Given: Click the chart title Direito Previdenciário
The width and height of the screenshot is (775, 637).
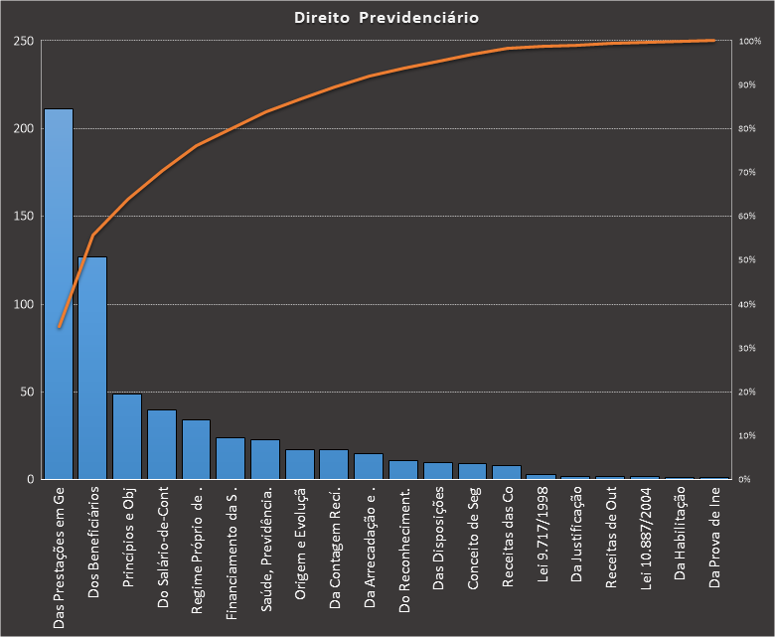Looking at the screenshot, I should click(x=387, y=18).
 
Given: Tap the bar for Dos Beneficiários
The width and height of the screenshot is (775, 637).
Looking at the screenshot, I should click(x=92, y=368).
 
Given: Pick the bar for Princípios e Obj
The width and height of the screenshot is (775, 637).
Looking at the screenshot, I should click(x=127, y=437).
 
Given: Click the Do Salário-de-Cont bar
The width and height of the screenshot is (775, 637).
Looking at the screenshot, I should click(x=162, y=444).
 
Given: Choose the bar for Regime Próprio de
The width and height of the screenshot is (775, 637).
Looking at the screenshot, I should click(x=197, y=449).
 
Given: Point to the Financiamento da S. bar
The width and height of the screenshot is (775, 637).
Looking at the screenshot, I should click(x=231, y=458).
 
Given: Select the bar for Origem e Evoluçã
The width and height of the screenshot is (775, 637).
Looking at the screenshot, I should click(x=300, y=464).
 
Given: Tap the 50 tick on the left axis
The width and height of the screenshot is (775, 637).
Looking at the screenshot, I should click(x=28, y=392).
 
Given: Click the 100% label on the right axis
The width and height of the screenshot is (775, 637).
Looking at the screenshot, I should click(x=750, y=41).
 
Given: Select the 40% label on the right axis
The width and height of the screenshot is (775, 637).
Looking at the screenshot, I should click(x=747, y=304).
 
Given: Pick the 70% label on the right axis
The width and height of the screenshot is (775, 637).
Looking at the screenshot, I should click(x=747, y=172).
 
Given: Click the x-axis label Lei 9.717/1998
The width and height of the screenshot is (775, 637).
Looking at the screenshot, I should click(x=542, y=537).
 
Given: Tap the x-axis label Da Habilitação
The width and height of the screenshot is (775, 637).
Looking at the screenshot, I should click(x=681, y=537).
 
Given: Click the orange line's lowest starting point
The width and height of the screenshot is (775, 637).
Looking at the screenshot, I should click(x=59, y=326).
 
